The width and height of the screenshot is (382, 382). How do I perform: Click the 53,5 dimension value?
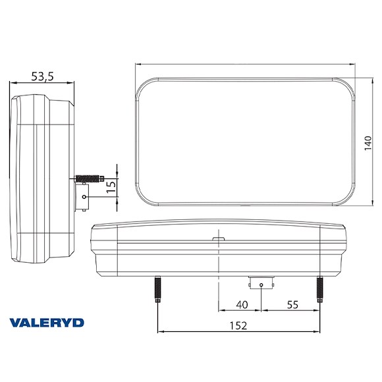pos(42,76)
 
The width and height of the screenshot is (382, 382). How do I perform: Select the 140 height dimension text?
pos(368,142)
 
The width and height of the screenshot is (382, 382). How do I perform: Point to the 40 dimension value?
pos(242,305)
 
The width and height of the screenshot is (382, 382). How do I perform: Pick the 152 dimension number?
pos(239,325)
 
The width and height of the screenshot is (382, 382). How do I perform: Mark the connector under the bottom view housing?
pos(261,284)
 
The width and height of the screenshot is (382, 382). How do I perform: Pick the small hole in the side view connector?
pos(84,196)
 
